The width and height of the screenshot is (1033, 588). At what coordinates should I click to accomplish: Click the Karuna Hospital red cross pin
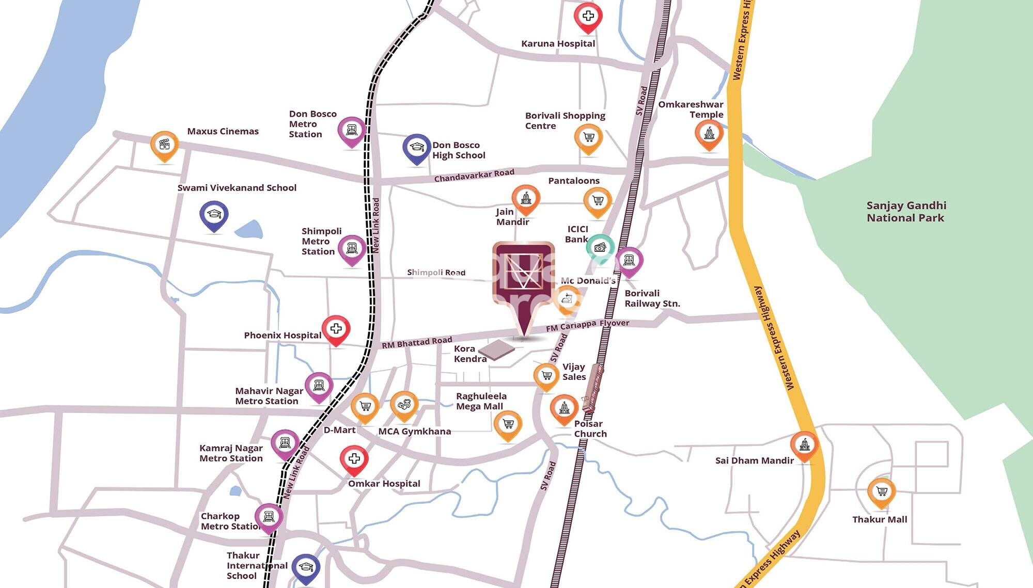(x=588, y=17)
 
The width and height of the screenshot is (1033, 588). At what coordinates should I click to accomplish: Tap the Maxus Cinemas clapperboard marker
(x=164, y=145)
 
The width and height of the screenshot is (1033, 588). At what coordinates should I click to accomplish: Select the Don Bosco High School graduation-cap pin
(x=416, y=148)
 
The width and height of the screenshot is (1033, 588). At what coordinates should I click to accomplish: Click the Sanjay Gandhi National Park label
(x=906, y=212)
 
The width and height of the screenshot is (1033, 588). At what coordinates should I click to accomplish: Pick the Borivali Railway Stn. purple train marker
(x=629, y=261)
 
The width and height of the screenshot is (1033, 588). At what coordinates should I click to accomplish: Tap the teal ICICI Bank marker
(x=600, y=248)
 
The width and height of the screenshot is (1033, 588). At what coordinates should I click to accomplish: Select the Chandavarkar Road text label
(x=474, y=176)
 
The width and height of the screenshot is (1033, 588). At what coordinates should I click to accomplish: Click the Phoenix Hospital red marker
(x=336, y=329)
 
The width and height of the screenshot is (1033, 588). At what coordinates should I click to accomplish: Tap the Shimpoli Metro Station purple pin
(x=352, y=249)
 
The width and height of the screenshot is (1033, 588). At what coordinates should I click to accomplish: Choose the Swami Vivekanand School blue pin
(x=214, y=215)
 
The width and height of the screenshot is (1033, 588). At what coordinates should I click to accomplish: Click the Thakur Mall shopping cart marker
(x=881, y=492)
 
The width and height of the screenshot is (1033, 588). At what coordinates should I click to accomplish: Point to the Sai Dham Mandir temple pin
(x=804, y=445)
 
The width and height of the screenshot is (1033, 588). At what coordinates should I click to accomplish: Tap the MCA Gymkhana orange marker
(x=404, y=405)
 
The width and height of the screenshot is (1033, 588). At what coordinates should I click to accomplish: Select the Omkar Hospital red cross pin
(x=354, y=459)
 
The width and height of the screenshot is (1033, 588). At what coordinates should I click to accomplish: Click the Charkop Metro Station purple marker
(x=269, y=517)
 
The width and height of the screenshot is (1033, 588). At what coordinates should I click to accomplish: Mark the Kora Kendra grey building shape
(x=496, y=349)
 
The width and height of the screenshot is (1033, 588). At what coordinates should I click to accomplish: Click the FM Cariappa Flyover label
(x=587, y=325)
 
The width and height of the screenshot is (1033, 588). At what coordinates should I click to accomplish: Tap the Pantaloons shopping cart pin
(x=598, y=201)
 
